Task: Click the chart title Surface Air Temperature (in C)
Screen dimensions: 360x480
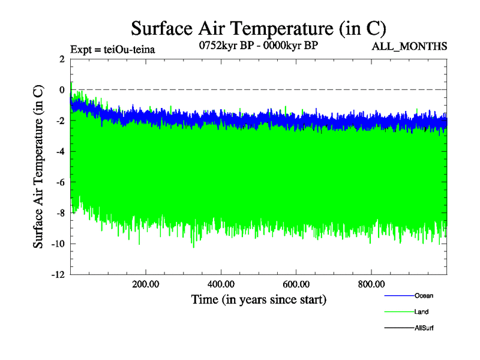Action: pos(259,28)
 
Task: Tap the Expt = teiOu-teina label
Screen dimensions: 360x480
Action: pos(113,50)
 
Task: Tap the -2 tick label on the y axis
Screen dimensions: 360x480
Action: pos(60,121)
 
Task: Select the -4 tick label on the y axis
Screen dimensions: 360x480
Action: pos(60,151)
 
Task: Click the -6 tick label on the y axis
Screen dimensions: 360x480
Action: pos(60,182)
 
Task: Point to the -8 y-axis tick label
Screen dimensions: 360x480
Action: pos(60,213)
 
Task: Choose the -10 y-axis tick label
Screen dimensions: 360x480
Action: pos(58,244)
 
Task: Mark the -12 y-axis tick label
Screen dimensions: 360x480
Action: pos(58,275)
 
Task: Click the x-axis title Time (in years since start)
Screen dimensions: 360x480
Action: pos(259,299)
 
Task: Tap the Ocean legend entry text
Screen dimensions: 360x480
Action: pos(423,296)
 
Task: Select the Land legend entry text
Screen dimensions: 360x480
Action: pos(421,312)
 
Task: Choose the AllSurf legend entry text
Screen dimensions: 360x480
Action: pos(424,328)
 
